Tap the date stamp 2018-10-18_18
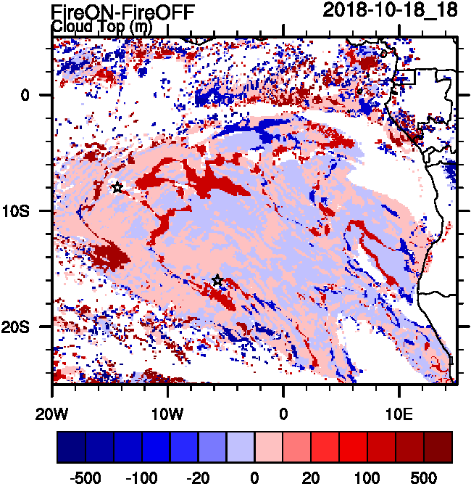pos(390,10)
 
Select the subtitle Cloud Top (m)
pos(101,27)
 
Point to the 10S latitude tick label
pos(30,210)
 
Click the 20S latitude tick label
pos(30,327)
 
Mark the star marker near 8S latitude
pos(117,187)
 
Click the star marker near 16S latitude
pos(217,281)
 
